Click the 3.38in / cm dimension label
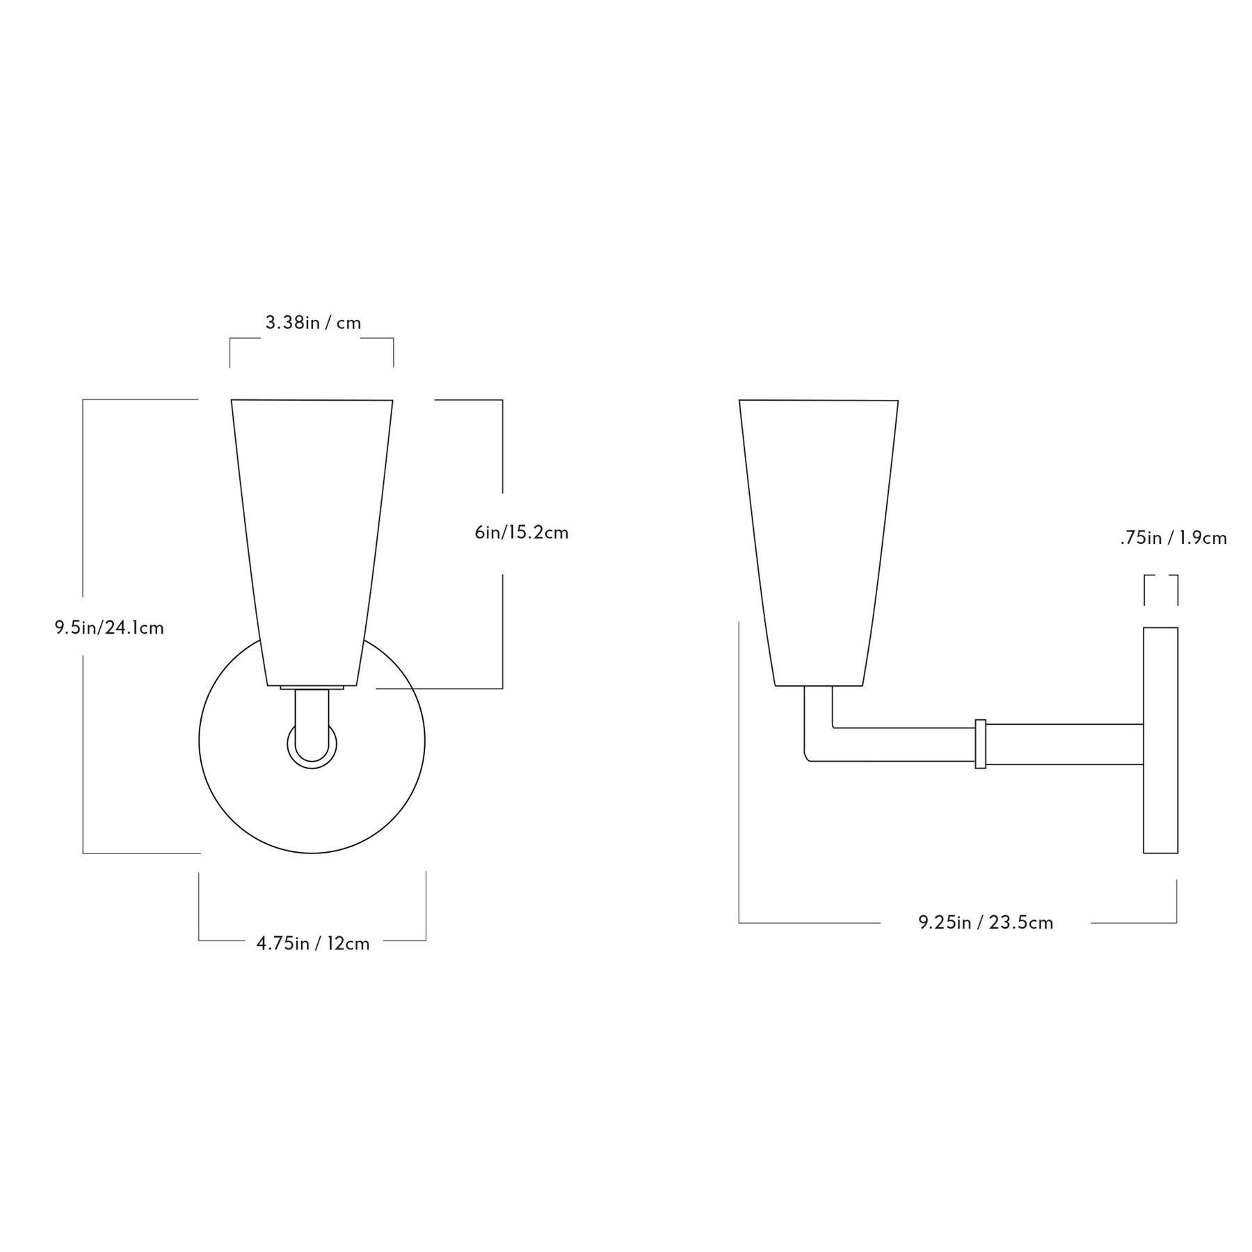pos(313,323)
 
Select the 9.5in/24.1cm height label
pos(109,627)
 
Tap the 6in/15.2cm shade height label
pos(522,532)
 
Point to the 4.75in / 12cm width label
pos(313,943)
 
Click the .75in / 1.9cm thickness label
pos(1173,538)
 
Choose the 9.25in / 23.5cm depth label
pos(986,922)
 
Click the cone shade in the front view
pos(312,543)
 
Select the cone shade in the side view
pos(819,543)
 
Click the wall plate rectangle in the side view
pos(1160,740)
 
